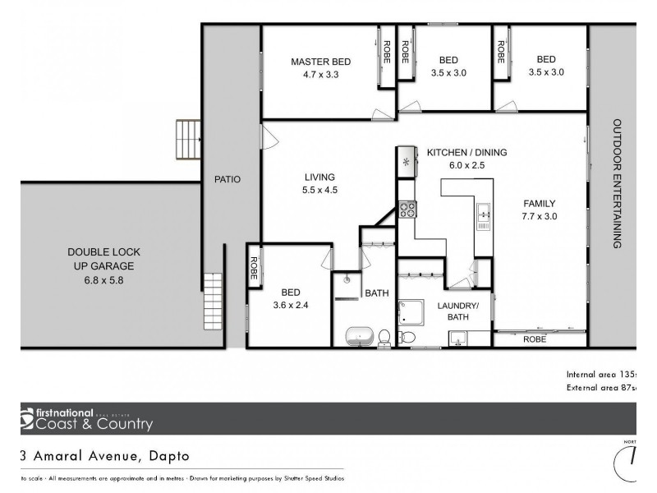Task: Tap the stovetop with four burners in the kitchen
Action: [x=407, y=209]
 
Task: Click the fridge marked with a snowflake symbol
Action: [x=406, y=160]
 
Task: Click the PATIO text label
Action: [x=227, y=178]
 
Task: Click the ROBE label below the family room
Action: [x=535, y=338]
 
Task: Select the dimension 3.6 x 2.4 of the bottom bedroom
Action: [x=291, y=304]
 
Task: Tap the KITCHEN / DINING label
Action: [x=466, y=152]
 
